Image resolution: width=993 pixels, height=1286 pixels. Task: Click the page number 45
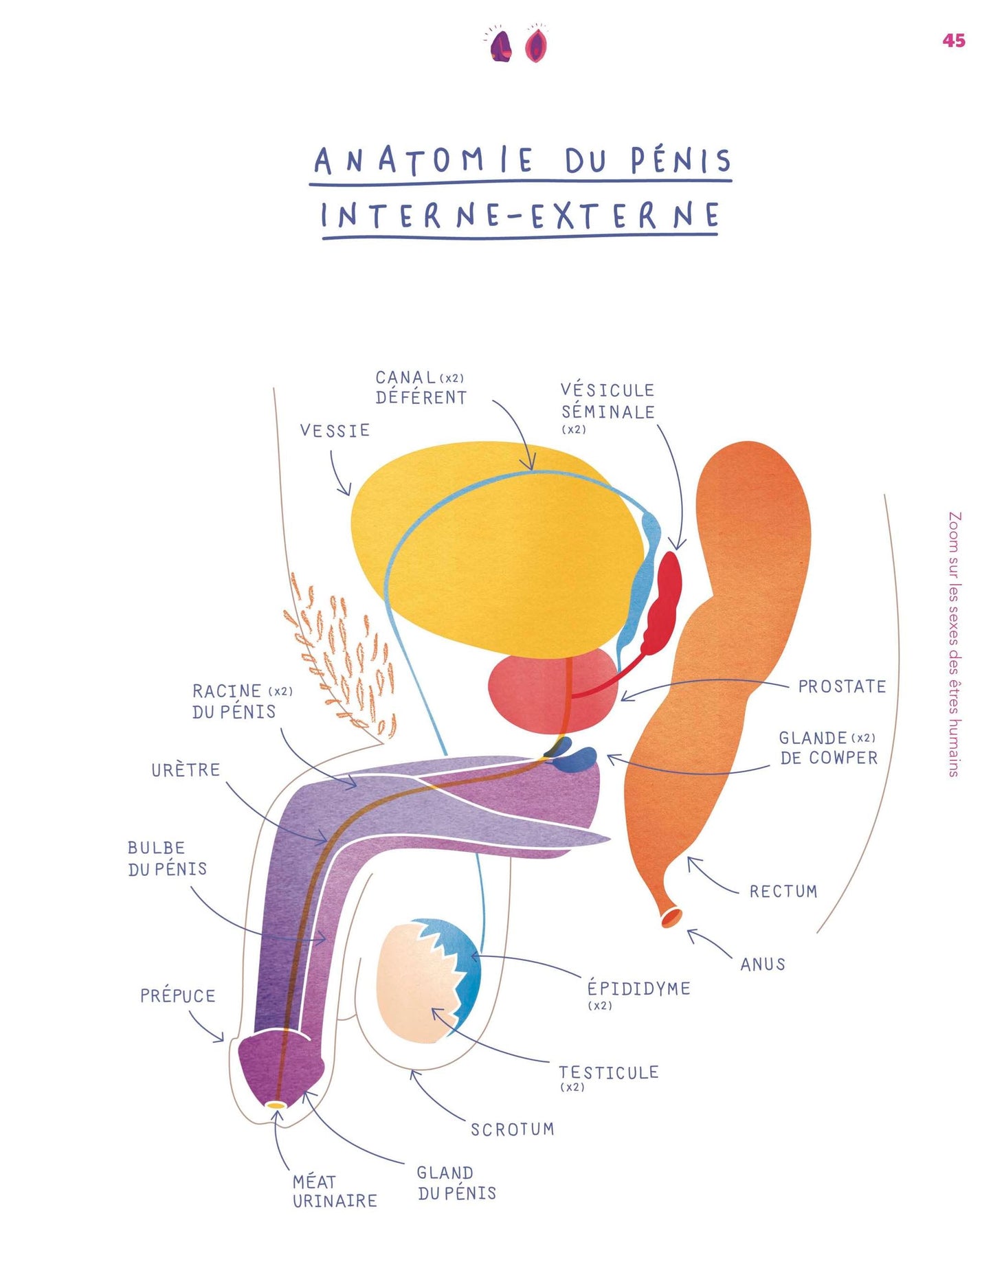click(953, 41)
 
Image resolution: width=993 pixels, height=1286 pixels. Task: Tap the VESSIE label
click(335, 431)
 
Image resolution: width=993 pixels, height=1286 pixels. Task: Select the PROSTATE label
click(842, 686)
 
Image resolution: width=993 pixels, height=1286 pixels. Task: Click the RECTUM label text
click(783, 892)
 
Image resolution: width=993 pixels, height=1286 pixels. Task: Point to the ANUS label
click(763, 964)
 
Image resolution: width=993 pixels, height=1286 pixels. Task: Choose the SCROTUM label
click(512, 1129)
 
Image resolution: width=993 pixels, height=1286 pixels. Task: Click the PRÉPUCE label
click(177, 996)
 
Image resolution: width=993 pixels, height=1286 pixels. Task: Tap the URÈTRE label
click(186, 770)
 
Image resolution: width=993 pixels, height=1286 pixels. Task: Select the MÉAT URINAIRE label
click(334, 1191)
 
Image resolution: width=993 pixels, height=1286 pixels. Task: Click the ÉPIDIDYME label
click(638, 989)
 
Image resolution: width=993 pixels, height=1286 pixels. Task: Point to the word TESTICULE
click(608, 1072)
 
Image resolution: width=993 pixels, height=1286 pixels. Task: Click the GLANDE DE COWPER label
click(828, 748)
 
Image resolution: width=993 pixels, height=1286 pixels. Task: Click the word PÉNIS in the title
click(681, 160)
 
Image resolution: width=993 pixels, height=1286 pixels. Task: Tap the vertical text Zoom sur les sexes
click(954, 644)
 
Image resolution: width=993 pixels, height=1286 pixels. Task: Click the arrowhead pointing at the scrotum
click(414, 1073)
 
